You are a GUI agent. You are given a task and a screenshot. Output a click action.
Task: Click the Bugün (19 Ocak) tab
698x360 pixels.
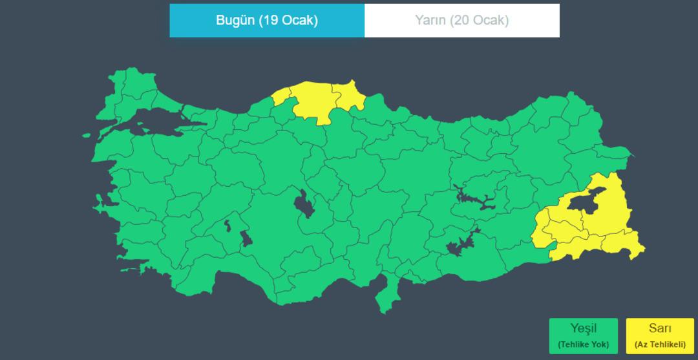click(267, 20)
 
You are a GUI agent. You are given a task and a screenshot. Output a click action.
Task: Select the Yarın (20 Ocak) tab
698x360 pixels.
click(461, 20)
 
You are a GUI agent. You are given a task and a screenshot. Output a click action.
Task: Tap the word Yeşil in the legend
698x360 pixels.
click(583, 328)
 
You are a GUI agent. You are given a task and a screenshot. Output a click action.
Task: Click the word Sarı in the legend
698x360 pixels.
click(660, 328)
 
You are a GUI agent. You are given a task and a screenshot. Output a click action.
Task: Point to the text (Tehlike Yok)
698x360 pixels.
click(583, 344)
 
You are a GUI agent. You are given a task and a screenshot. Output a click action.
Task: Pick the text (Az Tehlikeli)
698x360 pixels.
click(660, 344)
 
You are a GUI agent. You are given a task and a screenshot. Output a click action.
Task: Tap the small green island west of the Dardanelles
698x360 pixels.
click(87, 136)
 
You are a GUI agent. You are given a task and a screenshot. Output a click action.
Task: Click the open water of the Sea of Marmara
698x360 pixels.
click(155, 129)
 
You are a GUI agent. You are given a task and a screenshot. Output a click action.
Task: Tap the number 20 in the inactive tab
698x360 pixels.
click(463, 20)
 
